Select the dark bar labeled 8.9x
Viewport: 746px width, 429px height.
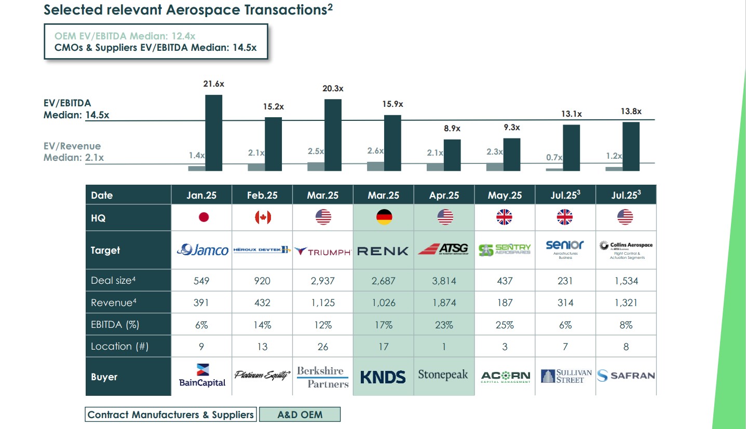click(452, 155)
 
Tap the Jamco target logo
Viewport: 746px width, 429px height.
click(202, 251)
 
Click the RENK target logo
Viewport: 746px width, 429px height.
click(383, 251)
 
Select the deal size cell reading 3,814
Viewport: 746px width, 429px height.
click(444, 281)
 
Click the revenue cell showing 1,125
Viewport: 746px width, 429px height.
click(323, 302)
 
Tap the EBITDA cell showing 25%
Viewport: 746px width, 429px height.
click(505, 325)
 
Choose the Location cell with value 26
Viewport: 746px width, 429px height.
click(323, 347)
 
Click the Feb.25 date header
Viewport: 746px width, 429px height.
click(263, 196)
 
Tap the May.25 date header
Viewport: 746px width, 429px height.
click(505, 196)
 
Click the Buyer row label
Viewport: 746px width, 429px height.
click(104, 377)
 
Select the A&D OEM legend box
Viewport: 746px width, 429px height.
click(300, 414)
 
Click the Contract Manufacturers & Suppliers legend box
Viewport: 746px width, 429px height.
click(171, 414)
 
